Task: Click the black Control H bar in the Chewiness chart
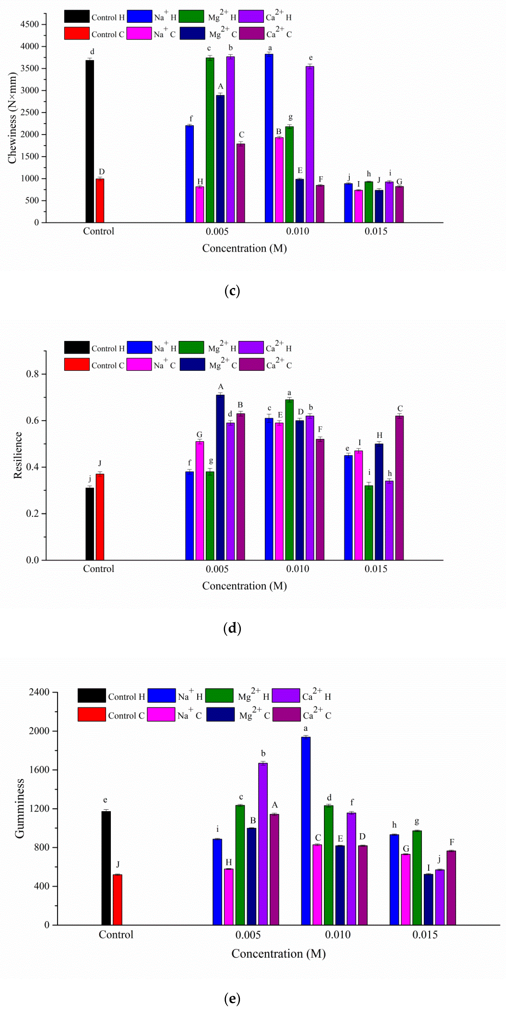coord(90,141)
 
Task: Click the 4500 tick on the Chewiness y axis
coord(30,24)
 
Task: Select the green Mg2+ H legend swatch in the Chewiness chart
coord(191,17)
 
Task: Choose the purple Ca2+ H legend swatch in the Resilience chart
coord(251,347)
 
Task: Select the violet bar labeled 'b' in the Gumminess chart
coord(263,844)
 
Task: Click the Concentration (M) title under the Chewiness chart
coord(244,248)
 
